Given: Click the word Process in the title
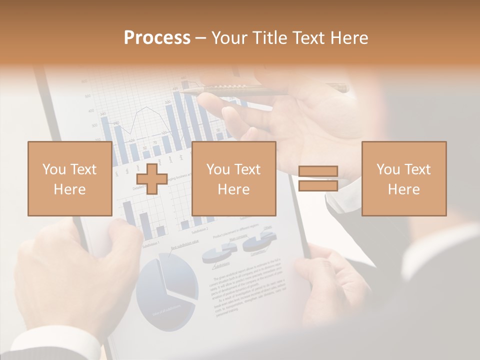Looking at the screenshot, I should pos(157,38).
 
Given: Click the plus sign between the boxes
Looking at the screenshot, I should pos(152,179).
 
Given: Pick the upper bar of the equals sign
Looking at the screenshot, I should pos(318,171).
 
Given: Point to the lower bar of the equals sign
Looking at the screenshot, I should pos(318,186).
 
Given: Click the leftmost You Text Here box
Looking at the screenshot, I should pos(69,178).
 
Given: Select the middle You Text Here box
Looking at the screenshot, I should pos(233,178).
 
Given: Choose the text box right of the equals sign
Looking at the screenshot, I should pos(403,178).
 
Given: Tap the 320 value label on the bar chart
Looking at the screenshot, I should pos(168,102).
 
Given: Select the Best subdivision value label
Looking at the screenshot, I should pos(184,244).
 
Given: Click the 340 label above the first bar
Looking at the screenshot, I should pos(103,114).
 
